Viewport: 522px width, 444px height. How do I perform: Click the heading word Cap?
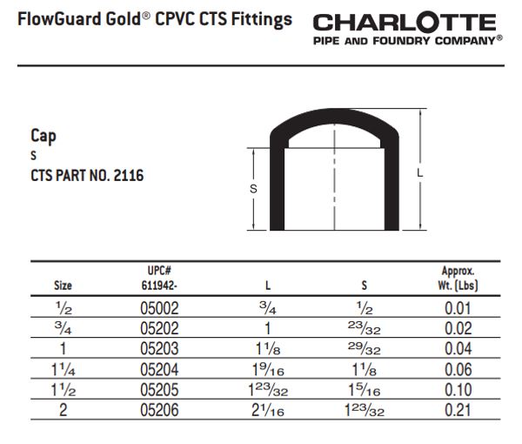pos(43,136)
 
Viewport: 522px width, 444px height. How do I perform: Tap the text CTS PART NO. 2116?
pos(87,176)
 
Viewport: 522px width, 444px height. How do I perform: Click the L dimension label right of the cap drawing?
pos(420,174)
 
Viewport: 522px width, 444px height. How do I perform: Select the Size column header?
pos(64,285)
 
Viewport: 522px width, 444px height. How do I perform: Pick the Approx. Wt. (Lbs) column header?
pos(458,278)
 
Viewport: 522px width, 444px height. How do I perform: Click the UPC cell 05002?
pos(160,308)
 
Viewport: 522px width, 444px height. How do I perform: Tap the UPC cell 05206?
pos(160,409)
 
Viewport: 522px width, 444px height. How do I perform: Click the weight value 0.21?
pos(458,409)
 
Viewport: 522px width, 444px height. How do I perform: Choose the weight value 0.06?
pos(458,369)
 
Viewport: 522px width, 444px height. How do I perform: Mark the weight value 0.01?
pos(458,308)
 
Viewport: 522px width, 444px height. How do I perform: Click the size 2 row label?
pos(64,409)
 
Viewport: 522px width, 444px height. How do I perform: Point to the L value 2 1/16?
pos(267,410)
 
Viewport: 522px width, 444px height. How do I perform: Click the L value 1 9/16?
pos(267,370)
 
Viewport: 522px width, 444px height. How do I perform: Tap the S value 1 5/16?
pos(364,390)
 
